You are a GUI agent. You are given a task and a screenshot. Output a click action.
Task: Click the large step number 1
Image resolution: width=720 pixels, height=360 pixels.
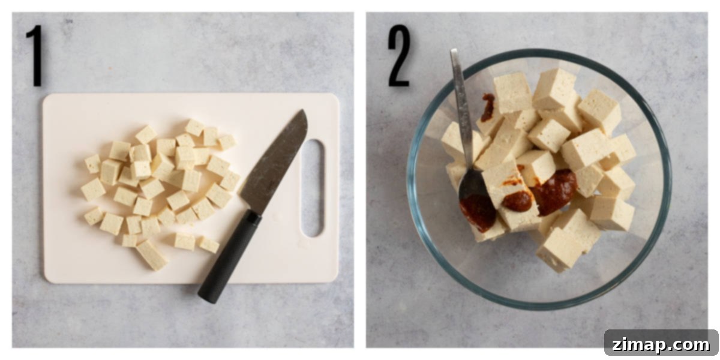36,56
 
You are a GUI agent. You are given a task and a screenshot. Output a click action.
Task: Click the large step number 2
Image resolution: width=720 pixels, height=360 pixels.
399,56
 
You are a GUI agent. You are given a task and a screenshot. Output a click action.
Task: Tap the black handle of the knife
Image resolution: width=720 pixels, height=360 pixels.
229,257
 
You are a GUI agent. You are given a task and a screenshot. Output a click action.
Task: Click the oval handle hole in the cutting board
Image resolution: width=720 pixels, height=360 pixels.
313,188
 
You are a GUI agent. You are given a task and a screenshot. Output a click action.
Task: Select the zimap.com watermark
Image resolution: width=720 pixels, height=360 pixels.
661,344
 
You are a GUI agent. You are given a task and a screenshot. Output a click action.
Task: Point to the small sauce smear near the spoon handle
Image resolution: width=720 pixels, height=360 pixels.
488,107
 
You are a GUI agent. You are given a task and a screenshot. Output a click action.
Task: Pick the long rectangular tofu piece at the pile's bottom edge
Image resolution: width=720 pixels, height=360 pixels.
152,255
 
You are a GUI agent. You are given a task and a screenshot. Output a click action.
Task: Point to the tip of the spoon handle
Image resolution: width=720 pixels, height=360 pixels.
454,50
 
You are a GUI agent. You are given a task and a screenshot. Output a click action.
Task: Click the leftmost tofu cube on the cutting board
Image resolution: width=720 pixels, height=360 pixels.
93,190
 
